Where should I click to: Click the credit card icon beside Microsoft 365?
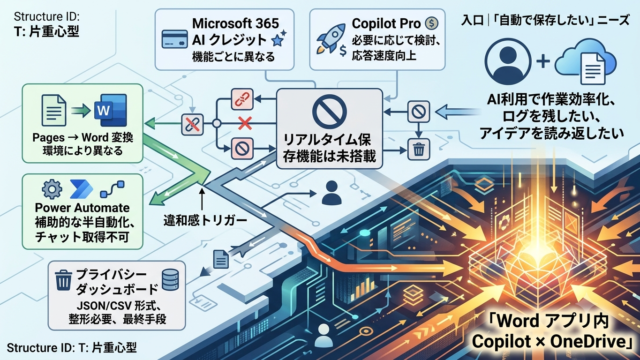click(175, 40)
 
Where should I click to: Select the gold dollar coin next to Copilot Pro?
click(431, 23)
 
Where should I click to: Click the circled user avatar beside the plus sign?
click(508, 61)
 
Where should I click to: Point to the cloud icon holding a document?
click(585, 61)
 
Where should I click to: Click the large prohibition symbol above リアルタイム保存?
click(329, 111)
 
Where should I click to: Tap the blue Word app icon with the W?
click(110, 110)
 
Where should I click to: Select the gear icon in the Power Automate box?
click(52, 189)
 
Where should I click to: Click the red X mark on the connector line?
click(245, 123)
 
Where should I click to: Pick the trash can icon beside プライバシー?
click(63, 280)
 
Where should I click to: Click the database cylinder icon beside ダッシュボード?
click(170, 280)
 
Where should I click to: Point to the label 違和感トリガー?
click(205, 220)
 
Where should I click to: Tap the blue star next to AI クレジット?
click(279, 39)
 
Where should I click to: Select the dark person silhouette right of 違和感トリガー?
click(331, 193)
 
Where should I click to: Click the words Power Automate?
click(82, 208)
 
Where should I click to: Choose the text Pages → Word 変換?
click(82, 138)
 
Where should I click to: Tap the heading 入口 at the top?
click(473, 20)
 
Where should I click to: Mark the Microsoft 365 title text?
click(236, 23)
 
